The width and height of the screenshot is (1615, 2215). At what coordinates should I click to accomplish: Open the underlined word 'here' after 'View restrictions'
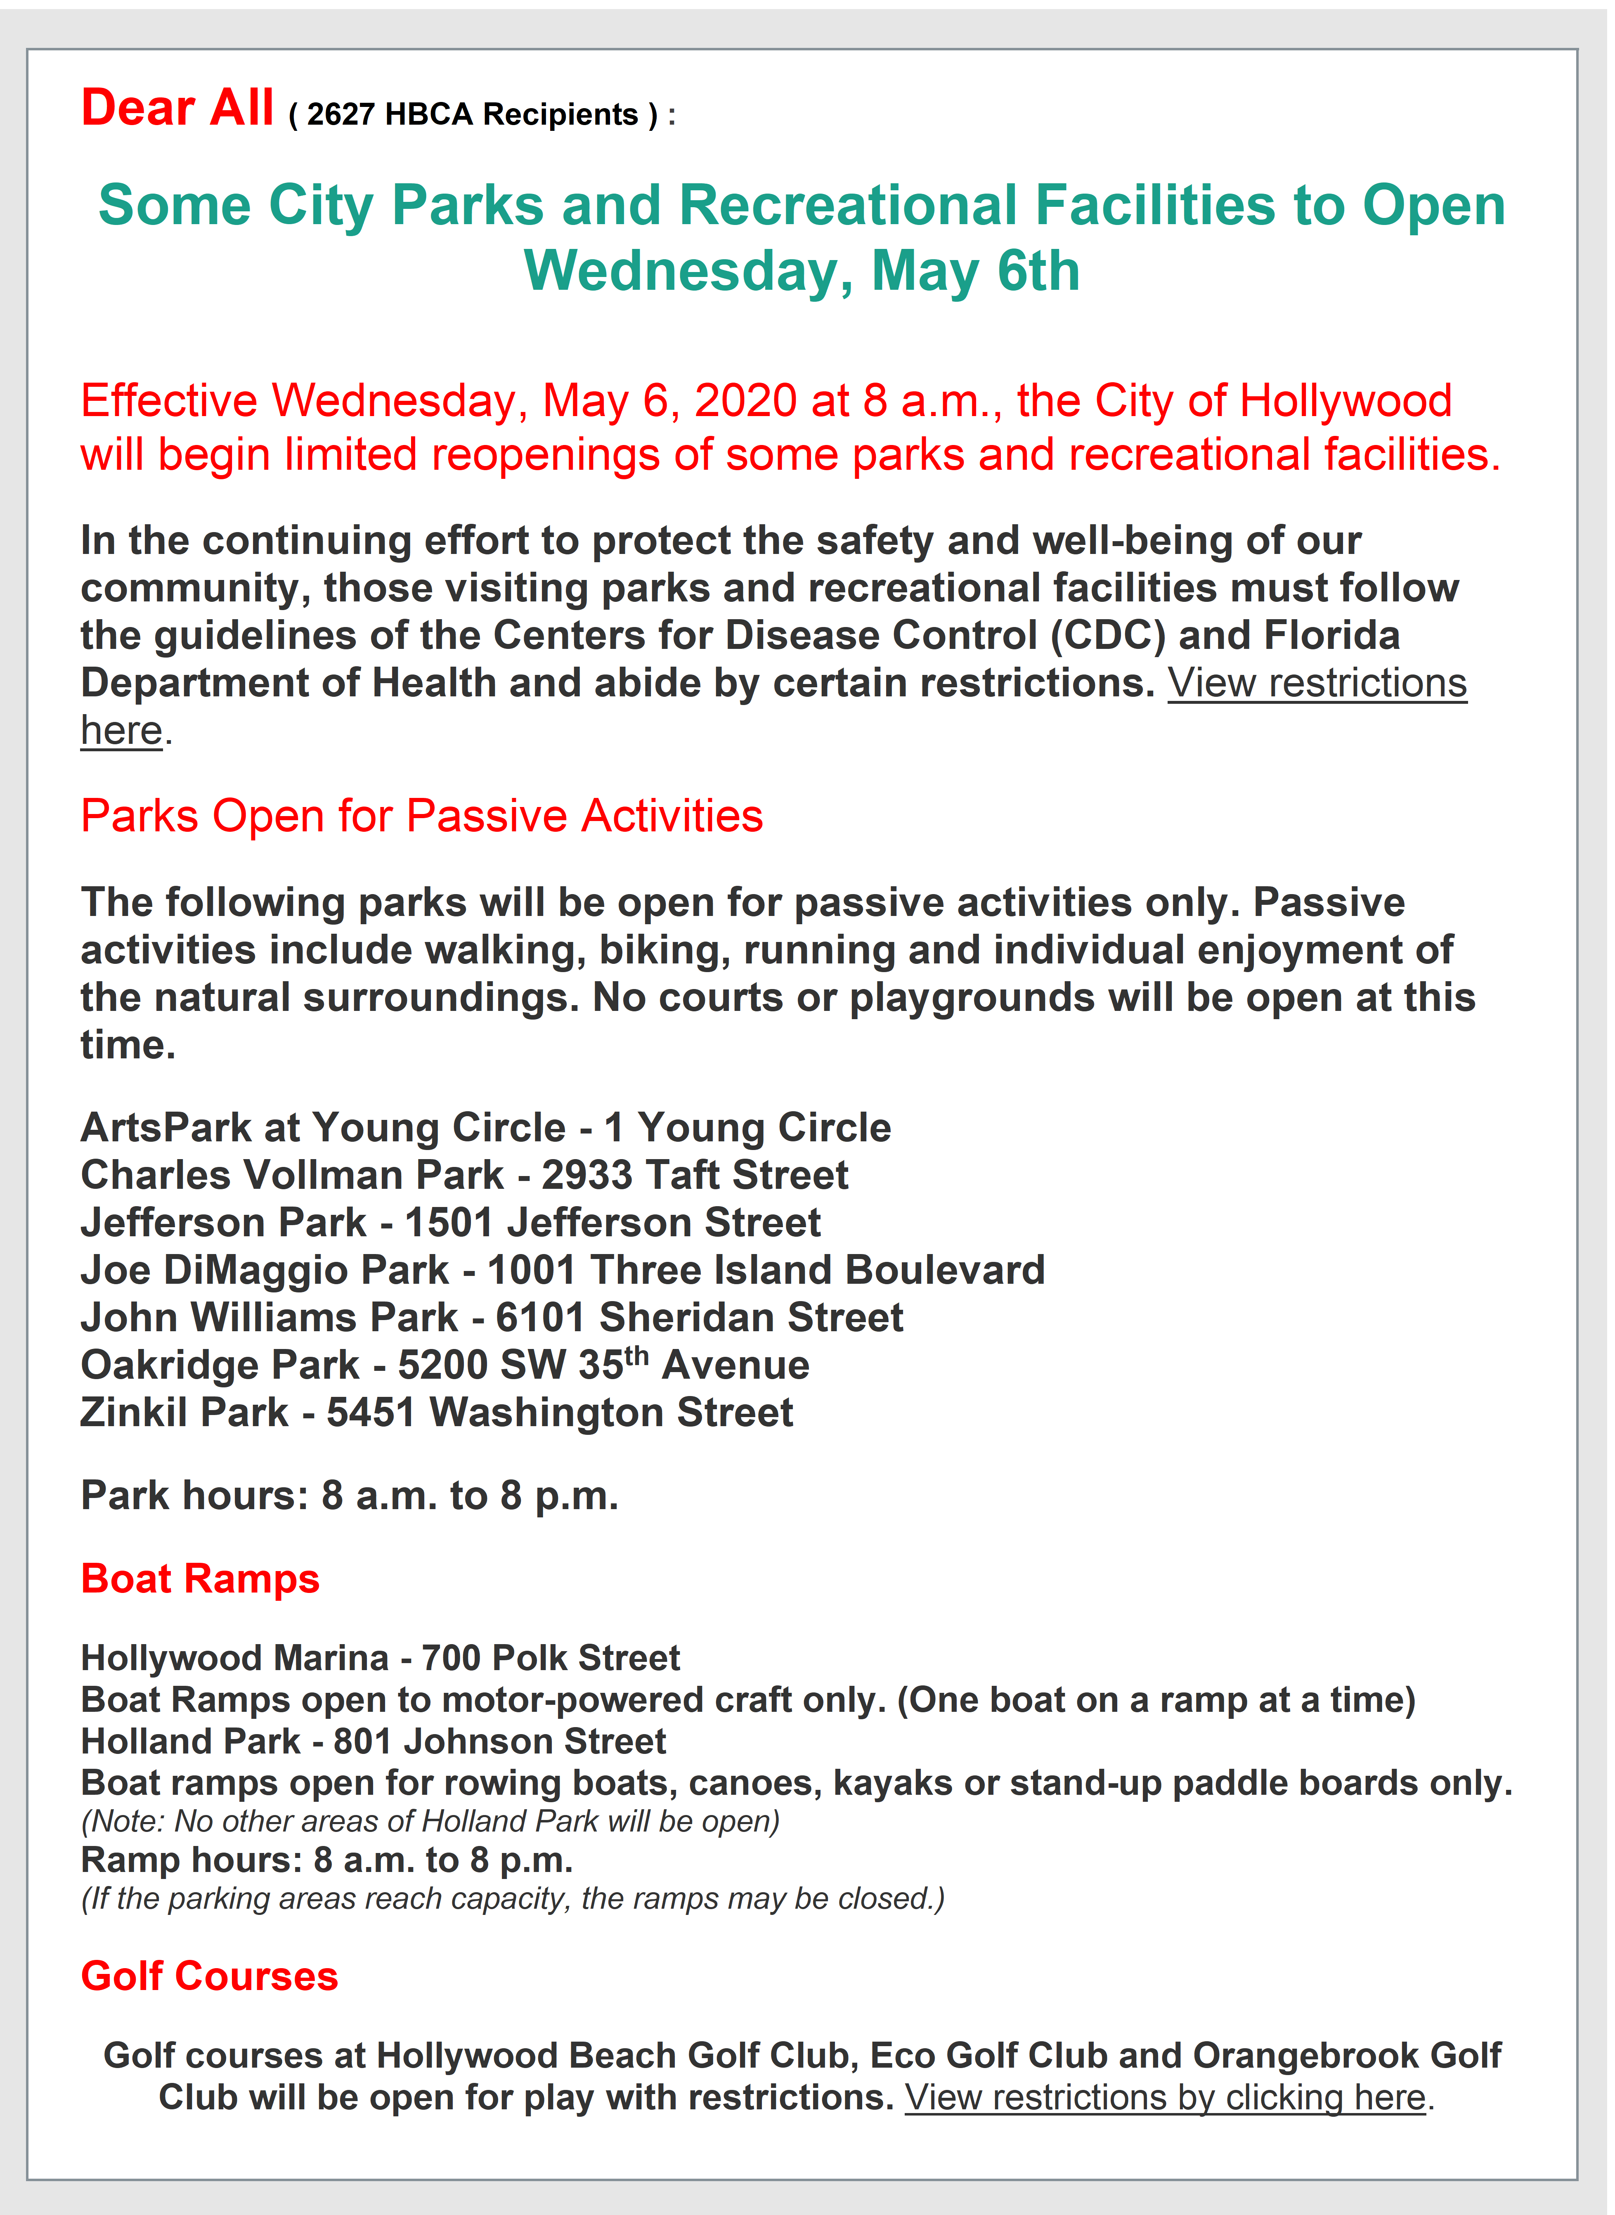(x=121, y=730)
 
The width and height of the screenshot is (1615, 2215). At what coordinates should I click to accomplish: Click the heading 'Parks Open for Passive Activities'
(x=421, y=816)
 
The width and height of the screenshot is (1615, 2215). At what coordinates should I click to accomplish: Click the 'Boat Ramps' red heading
(x=201, y=1578)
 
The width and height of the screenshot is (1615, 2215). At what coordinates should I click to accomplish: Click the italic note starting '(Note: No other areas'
(x=430, y=1821)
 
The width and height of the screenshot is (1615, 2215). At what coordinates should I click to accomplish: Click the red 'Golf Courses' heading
(x=209, y=1976)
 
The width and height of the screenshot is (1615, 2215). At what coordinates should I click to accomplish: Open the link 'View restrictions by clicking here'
(x=1165, y=2098)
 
